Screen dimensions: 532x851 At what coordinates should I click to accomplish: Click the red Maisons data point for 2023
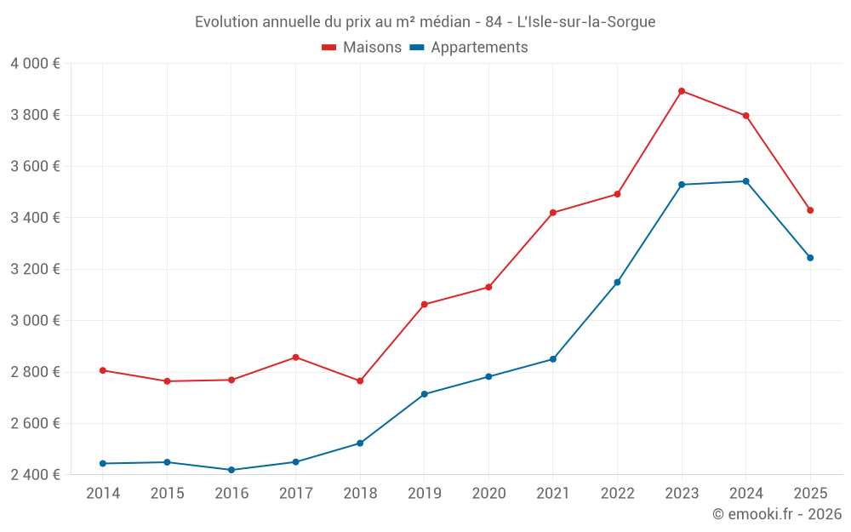coord(682,91)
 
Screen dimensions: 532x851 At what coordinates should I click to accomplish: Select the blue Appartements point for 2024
coord(745,181)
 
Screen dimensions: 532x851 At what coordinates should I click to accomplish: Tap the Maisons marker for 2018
coord(360,381)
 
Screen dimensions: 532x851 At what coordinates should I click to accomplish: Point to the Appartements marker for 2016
coord(231,470)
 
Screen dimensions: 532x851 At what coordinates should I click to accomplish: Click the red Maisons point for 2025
coord(810,210)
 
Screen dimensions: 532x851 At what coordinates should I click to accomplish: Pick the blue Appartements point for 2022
coord(617,283)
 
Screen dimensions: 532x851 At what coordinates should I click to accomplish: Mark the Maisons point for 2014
coord(103,370)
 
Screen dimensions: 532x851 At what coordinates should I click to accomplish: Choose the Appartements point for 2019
coord(424,394)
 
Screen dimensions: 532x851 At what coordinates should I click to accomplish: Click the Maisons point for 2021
coord(553,213)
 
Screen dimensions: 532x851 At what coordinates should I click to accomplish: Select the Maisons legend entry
coord(362,48)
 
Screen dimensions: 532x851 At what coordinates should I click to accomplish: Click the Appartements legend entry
coord(469,48)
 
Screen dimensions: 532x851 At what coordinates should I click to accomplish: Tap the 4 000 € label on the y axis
coord(35,64)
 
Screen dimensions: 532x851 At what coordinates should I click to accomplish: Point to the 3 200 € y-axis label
coord(35,269)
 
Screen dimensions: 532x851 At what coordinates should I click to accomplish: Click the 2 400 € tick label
coord(35,474)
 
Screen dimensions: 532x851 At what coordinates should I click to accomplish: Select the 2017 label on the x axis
coord(295,494)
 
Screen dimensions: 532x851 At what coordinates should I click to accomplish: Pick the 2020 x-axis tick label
coord(488,494)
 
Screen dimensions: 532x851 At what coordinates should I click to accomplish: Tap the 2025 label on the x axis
coord(810,494)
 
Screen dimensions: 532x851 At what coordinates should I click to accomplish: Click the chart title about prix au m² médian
coord(425,22)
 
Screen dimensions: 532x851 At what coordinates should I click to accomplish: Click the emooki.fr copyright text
coord(776,514)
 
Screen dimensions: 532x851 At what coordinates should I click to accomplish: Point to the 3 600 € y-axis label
coord(35,167)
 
